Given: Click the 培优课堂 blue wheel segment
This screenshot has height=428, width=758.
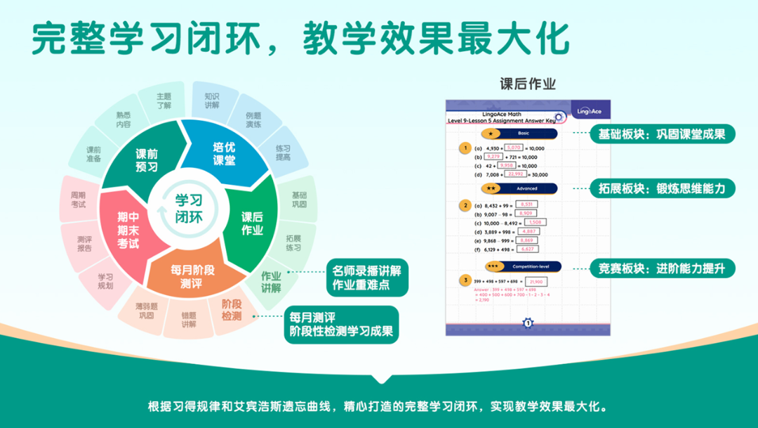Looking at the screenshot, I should (x=224, y=154).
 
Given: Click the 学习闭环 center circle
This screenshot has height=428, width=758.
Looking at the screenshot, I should (x=188, y=209).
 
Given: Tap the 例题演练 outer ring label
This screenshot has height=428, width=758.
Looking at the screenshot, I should (x=253, y=119).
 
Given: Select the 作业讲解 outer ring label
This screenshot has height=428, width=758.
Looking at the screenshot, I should (x=271, y=281).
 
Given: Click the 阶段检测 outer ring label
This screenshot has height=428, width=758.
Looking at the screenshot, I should (x=231, y=310).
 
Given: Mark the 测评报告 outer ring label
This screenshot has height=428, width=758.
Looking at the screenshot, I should (x=84, y=243).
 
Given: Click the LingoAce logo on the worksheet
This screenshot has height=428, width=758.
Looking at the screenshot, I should (x=588, y=111).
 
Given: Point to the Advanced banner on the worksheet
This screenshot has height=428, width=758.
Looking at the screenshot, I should (x=519, y=188).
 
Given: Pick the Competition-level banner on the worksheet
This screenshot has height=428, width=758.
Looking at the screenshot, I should (x=524, y=266).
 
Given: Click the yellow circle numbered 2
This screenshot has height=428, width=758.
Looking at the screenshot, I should (x=464, y=206).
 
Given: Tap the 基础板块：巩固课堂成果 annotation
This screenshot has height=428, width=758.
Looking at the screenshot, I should (x=661, y=134).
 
